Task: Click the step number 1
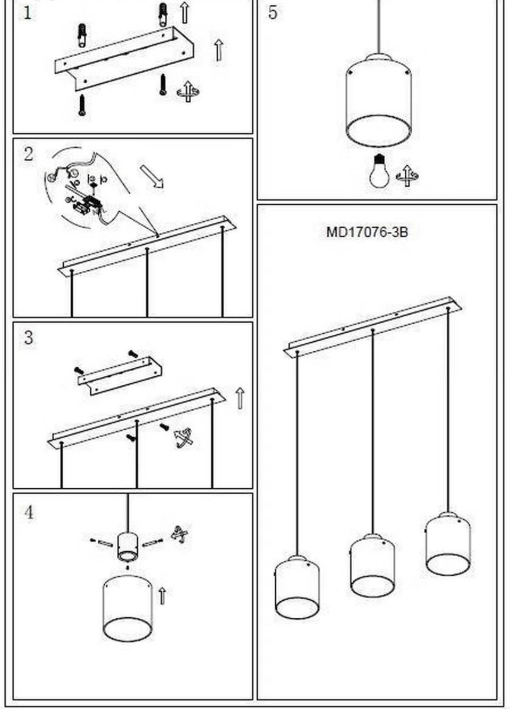28,14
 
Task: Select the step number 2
29,154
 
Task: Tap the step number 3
29,338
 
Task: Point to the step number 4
29,512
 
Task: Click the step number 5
273,13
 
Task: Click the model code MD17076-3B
367,232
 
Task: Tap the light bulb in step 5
379,171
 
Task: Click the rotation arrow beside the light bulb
407,176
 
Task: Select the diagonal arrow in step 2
152,177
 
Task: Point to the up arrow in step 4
162,596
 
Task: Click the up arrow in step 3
240,398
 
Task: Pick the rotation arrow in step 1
188,92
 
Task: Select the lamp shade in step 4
127,608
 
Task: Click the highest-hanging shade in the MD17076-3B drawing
448,543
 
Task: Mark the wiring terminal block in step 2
89,202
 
